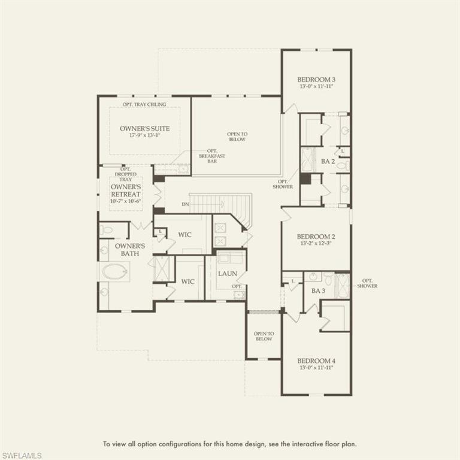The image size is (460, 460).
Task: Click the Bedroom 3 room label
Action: [x=316, y=79]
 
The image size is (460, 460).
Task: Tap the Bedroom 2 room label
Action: [x=316, y=237]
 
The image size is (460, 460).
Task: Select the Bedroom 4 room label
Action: [x=316, y=361]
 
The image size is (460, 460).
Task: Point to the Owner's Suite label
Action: [x=144, y=128]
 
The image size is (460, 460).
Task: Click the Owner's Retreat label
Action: [x=126, y=190]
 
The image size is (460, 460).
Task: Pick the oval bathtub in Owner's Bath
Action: [x=114, y=272]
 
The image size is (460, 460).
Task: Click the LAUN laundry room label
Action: [x=228, y=274]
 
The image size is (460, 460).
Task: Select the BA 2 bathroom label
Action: [x=327, y=161]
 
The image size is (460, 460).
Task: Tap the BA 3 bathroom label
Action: [x=317, y=290]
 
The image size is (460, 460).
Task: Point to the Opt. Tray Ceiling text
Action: [x=144, y=104]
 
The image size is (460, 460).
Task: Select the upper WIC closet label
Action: [x=184, y=234]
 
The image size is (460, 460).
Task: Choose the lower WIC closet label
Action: [x=188, y=281]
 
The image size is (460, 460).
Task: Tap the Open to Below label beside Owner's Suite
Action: [x=237, y=137]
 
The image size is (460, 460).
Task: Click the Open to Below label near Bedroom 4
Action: [x=263, y=337]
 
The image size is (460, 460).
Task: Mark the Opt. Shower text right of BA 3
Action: [x=367, y=283]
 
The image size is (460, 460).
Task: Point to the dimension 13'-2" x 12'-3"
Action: [x=316, y=244]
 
